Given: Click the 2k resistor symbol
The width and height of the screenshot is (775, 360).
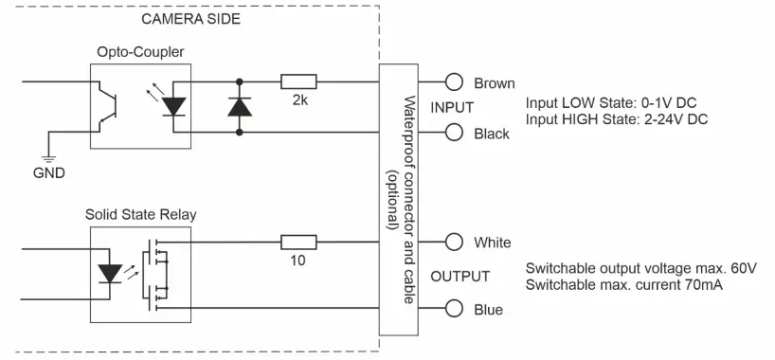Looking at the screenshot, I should [297, 82].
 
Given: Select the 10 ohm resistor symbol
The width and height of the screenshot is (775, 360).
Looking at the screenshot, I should [297, 243].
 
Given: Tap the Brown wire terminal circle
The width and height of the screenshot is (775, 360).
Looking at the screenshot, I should [454, 82].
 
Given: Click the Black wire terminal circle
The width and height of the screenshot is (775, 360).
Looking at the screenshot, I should [454, 133].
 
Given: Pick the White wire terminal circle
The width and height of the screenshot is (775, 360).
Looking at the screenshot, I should [454, 243].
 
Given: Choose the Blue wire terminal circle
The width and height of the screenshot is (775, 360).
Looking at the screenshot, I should [454, 309].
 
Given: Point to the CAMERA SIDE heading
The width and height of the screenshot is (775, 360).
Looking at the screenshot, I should [190, 18].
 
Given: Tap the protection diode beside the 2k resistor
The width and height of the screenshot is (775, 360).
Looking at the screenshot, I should [239, 107].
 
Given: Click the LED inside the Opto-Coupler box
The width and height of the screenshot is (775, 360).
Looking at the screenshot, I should [173, 107].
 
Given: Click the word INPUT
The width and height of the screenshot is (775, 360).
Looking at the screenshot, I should [452, 107].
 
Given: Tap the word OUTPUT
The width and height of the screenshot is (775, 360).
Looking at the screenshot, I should [460, 276].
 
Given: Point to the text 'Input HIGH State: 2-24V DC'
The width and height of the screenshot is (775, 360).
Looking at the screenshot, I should [615, 118].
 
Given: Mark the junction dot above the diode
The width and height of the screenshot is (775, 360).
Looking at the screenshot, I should [239, 82].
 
